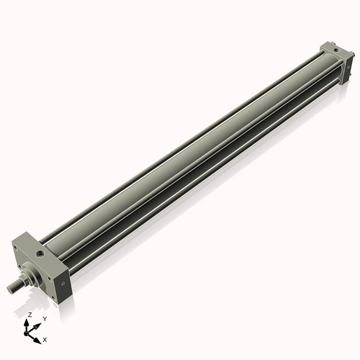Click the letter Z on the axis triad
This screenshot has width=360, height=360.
tap(29, 315)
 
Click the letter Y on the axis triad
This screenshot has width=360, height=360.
tap(44, 318)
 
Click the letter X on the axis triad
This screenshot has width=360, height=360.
tap(45, 338)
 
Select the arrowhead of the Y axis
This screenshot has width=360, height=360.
tap(37, 322)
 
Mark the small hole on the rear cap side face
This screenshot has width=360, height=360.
tap(343, 65)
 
